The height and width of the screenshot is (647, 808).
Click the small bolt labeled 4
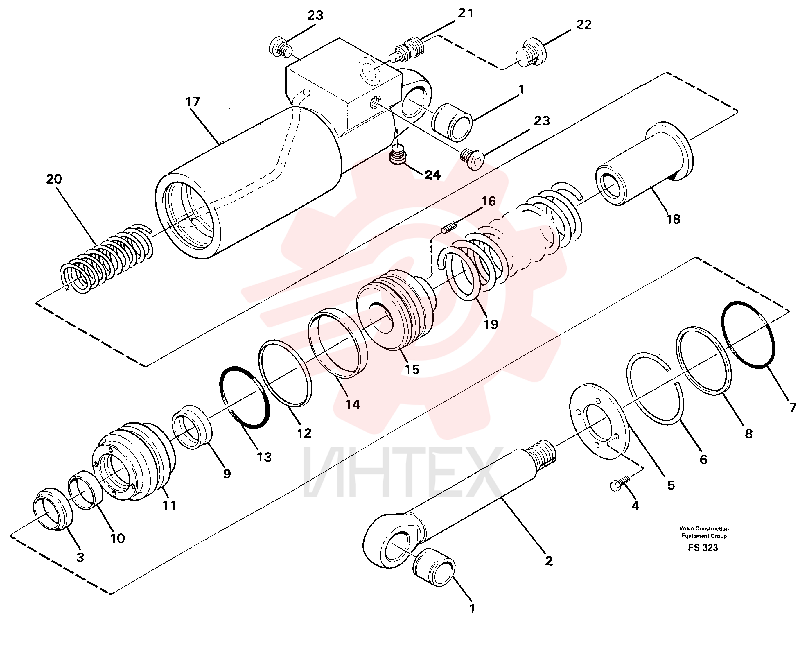click(x=620, y=483)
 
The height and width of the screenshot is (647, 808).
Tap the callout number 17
click(x=193, y=102)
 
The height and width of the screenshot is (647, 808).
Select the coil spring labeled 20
click(x=107, y=258)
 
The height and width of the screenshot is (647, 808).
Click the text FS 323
click(x=703, y=548)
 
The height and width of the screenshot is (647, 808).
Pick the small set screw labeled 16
click(x=449, y=227)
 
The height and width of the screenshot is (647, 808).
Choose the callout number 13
click(x=264, y=457)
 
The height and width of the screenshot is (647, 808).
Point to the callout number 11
click(x=169, y=505)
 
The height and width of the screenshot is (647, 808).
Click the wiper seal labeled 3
click(x=53, y=509)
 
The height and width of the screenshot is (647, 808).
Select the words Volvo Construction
click(x=704, y=528)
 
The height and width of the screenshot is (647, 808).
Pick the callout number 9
click(x=227, y=474)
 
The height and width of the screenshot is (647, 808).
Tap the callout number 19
click(x=491, y=324)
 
